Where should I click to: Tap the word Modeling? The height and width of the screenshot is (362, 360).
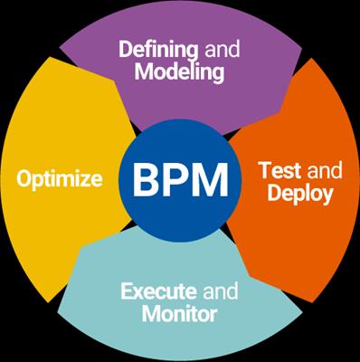(179, 72)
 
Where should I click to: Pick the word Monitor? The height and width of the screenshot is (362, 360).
(179, 315)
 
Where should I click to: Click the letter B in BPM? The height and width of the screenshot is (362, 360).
(148, 180)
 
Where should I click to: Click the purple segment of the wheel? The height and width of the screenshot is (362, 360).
(181, 100)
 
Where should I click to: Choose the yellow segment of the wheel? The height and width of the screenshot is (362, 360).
(54, 226)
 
